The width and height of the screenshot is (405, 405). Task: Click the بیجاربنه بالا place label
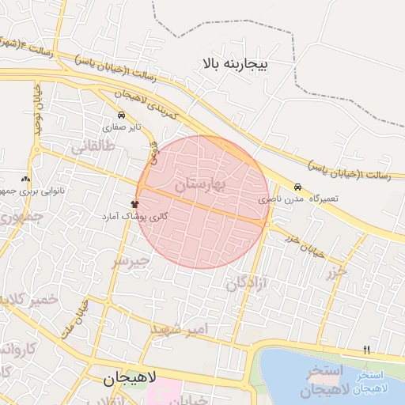(237, 61)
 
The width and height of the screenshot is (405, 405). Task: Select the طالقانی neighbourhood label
(93, 147)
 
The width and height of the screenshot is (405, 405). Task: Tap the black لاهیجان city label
(131, 379)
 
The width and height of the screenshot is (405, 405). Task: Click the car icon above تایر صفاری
(120, 115)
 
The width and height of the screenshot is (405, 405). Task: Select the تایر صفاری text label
(125, 127)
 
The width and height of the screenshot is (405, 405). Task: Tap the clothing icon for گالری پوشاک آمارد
(134, 204)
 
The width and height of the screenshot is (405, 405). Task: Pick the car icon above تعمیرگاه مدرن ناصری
(297, 187)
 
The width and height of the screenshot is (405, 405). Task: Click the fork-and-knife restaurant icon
(365, 350)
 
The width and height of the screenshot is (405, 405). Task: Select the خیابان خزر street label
(305, 247)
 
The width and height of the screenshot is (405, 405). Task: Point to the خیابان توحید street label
(37, 108)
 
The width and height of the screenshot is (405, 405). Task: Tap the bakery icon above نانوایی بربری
(26, 180)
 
